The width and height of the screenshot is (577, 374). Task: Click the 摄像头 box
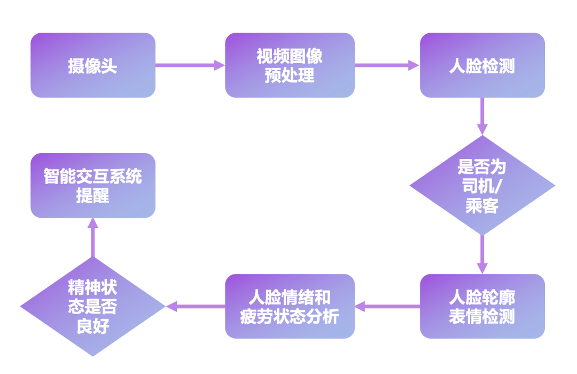(x=92, y=65)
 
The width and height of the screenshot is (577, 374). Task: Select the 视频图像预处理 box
(x=290, y=65)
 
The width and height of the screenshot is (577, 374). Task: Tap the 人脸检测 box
(x=482, y=65)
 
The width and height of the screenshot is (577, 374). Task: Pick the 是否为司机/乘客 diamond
(x=482, y=186)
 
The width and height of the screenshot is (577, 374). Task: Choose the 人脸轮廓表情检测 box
(x=482, y=307)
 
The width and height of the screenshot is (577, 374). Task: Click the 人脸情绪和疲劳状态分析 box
(x=290, y=307)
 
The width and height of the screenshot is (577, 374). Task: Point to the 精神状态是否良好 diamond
(x=92, y=307)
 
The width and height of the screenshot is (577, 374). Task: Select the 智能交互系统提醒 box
(x=92, y=186)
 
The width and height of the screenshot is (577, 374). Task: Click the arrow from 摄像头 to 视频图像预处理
(x=190, y=65)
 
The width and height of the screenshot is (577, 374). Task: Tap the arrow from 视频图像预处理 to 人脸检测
(x=387, y=65)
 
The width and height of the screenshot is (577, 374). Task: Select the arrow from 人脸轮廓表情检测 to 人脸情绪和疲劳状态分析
(x=387, y=307)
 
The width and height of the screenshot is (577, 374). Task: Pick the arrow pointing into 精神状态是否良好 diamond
(x=195, y=307)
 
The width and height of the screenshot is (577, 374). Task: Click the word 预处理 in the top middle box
(x=290, y=75)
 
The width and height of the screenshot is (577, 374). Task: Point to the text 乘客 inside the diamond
(x=482, y=206)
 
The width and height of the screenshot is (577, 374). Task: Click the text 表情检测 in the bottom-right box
(x=482, y=316)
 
